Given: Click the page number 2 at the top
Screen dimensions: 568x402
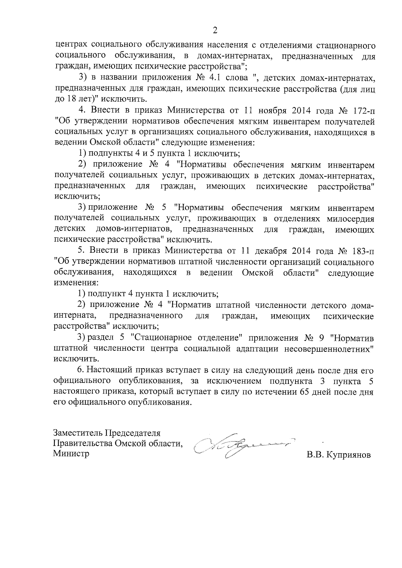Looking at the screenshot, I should pyautogui.click(x=215, y=31).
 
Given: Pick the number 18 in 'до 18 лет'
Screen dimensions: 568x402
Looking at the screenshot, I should pyautogui.click(x=69, y=99).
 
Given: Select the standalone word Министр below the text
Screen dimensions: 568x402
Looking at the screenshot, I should pyautogui.click(x=71, y=454).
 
